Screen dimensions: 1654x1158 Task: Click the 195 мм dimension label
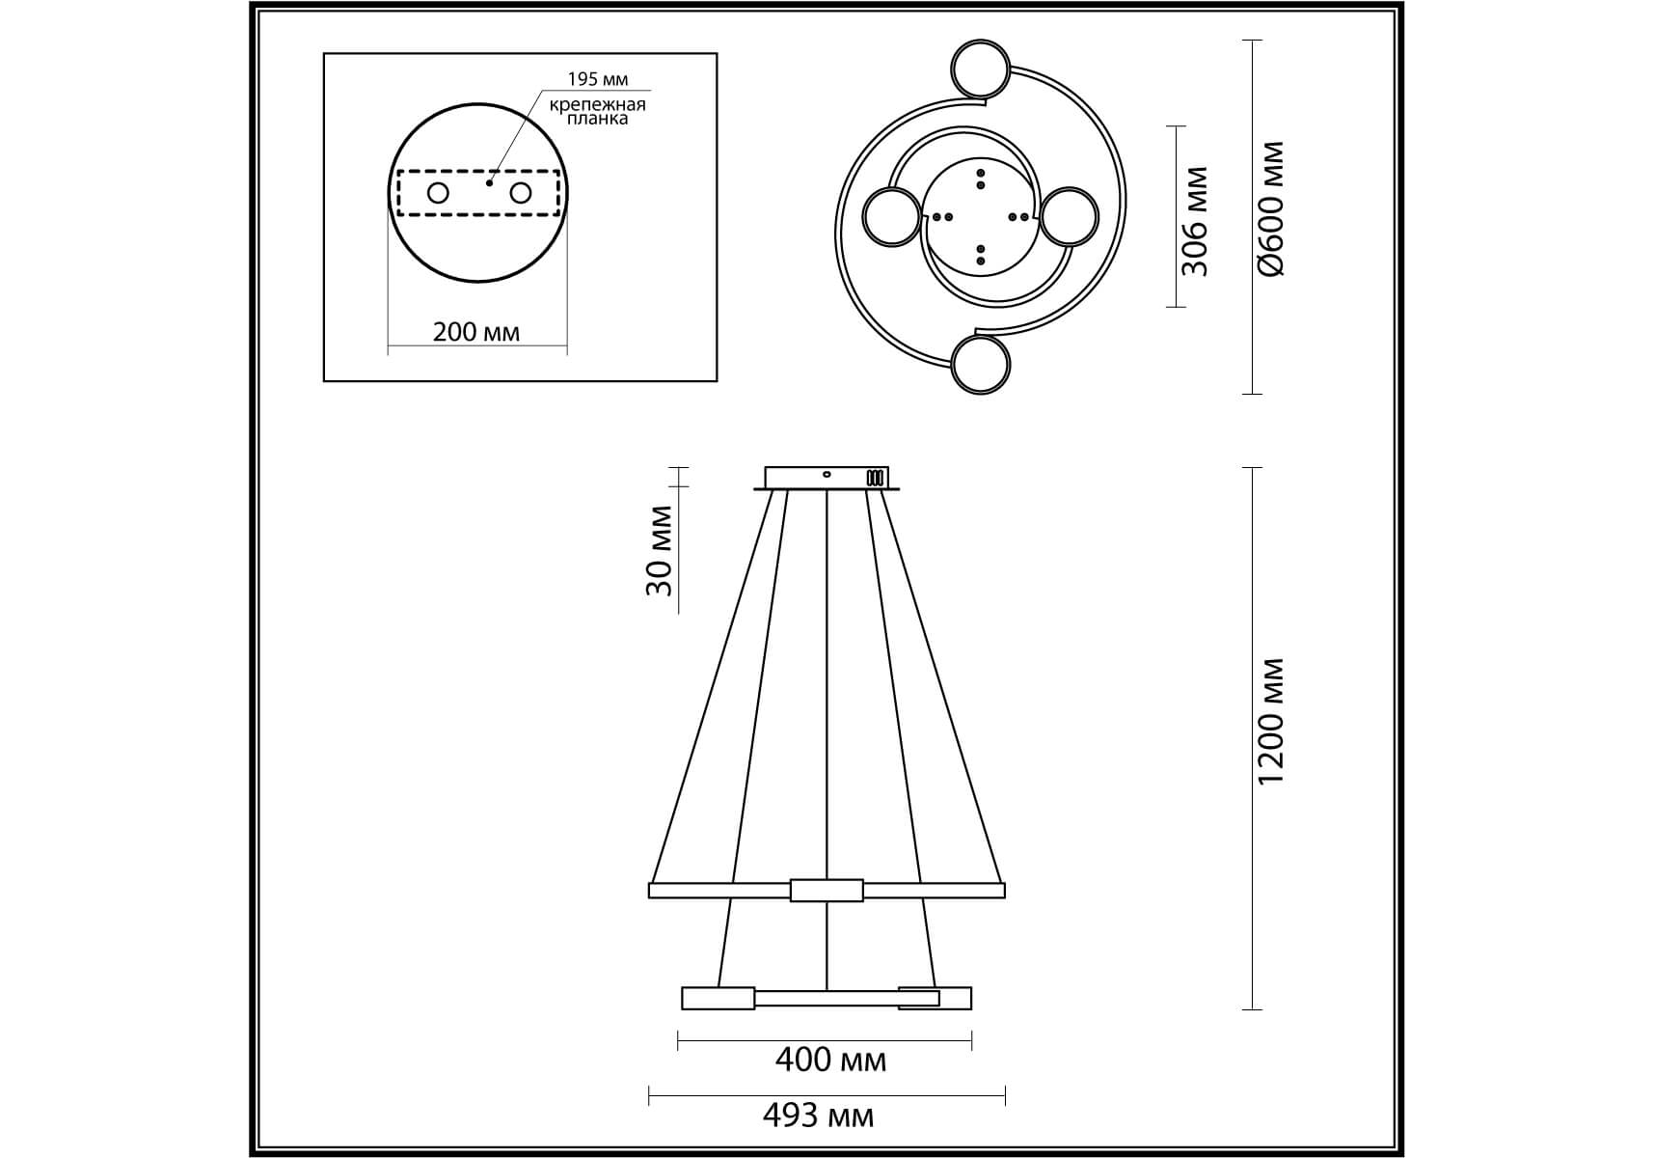(x=598, y=79)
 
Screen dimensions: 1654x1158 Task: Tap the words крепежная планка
(x=598, y=111)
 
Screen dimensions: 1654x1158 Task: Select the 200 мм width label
(x=476, y=332)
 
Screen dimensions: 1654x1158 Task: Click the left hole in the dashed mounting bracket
(x=438, y=193)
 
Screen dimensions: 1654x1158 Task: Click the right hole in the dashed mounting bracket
(x=521, y=193)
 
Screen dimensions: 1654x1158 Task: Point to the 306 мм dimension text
(x=1195, y=221)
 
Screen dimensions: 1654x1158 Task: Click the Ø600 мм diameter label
(x=1272, y=208)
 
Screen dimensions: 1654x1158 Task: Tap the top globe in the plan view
(x=981, y=68)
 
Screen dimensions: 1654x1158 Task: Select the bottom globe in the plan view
(x=981, y=366)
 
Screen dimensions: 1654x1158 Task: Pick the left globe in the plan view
(x=892, y=218)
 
